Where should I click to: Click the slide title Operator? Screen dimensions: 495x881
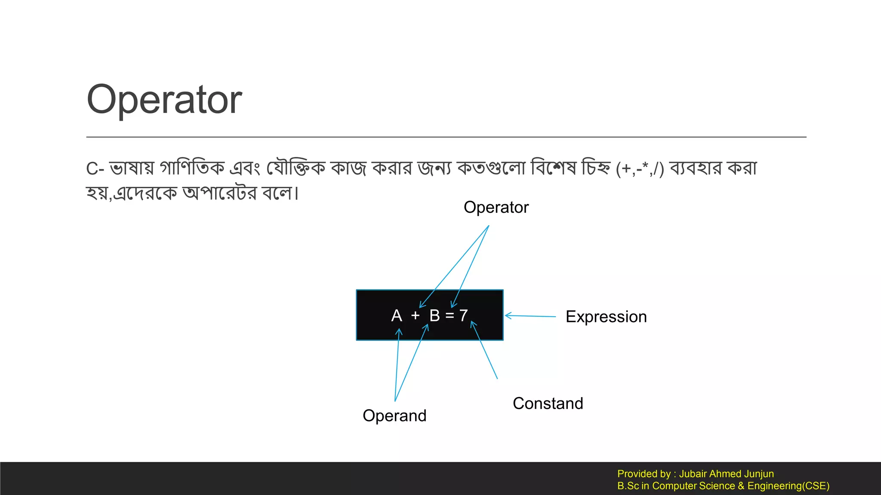point(164,100)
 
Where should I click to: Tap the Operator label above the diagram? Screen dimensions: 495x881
point(496,208)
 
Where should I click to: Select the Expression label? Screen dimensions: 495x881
point(606,317)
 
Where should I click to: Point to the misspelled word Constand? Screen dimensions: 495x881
point(548,403)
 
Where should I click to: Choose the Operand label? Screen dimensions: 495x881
point(394,416)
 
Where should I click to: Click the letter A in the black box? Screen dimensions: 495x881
point(396,316)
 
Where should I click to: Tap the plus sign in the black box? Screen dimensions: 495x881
point(415,316)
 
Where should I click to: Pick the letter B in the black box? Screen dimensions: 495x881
point(434,316)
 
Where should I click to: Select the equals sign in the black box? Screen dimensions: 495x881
point(450,316)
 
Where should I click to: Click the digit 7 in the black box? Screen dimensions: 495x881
point(463,316)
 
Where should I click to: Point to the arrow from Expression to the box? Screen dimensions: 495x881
point(530,316)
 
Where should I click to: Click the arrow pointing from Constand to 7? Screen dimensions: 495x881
point(484,350)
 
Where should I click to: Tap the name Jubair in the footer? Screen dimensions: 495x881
point(692,474)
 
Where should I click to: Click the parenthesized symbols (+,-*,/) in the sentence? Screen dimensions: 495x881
point(640,168)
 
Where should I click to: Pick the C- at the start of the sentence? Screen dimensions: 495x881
point(95,168)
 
